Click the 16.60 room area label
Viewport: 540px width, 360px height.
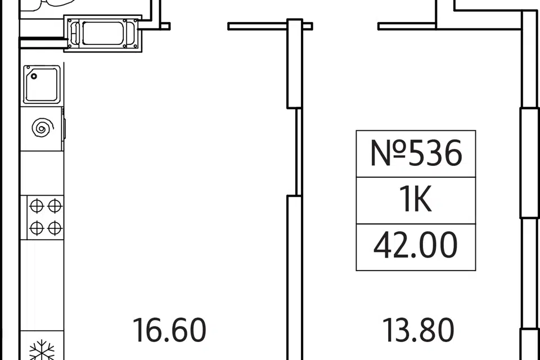[169, 330]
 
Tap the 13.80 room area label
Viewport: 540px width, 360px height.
[418, 330]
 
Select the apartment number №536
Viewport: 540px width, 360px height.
[416, 154]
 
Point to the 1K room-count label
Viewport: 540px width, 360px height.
[415, 200]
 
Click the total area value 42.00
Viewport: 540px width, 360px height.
[416, 245]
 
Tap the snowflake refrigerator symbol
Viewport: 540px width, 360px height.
[42, 350]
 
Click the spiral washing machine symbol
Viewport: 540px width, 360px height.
[43, 128]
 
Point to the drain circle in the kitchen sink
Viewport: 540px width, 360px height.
[34, 76]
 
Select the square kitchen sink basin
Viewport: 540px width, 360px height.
[42, 84]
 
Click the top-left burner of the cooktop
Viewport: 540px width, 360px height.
[36, 206]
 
